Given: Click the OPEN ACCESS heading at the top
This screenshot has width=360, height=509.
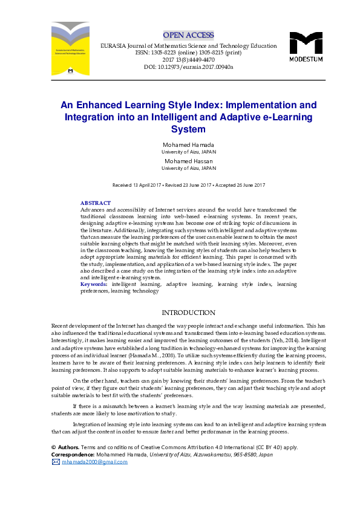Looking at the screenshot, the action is pyautogui.click(x=188, y=34).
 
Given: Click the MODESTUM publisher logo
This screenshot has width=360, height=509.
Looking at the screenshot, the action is pyautogui.click(x=306, y=46).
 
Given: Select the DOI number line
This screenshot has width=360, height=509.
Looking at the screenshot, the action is pyautogui.click(x=188, y=67).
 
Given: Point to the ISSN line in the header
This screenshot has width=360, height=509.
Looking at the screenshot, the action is pyautogui.click(x=188, y=53).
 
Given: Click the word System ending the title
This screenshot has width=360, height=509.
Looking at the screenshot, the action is pyautogui.click(x=188, y=129).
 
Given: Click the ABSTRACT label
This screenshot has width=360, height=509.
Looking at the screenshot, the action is pyautogui.click(x=96, y=203).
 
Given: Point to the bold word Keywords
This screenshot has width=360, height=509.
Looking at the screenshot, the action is pyautogui.click(x=93, y=284).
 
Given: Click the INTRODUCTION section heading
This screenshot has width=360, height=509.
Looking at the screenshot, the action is pyautogui.click(x=188, y=313).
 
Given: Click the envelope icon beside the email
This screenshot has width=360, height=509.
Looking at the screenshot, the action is pyautogui.click(x=56, y=462).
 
